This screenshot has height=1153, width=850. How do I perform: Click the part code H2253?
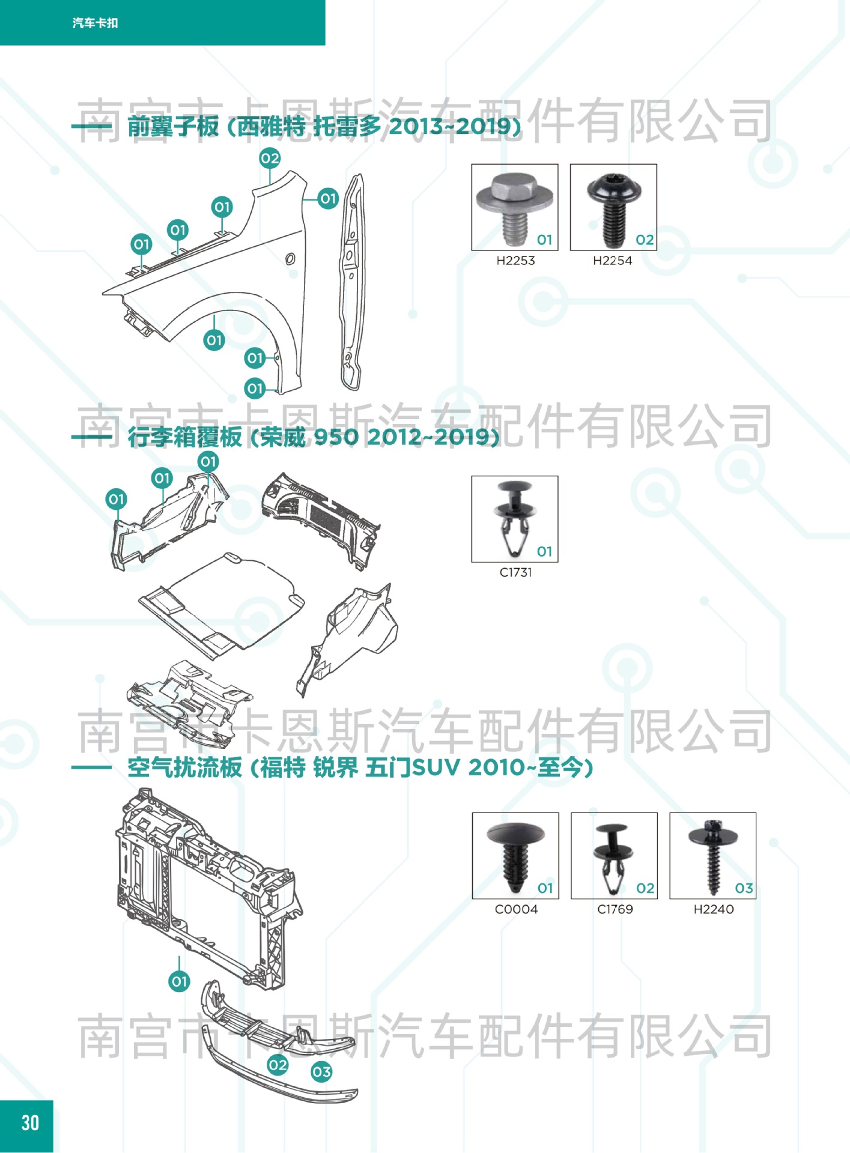515,261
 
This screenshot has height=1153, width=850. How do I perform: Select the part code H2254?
612,261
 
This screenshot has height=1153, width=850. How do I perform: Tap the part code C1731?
515,572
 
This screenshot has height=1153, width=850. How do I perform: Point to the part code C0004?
516,909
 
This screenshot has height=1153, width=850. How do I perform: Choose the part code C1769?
615,909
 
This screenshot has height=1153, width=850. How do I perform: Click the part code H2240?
714,909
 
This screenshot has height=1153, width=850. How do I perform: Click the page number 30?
30,1123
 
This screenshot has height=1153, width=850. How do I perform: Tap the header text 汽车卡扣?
95,23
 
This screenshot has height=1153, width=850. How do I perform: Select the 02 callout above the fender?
270,159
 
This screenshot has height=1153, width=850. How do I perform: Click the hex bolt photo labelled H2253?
515,207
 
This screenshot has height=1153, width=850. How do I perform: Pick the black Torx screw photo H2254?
613,207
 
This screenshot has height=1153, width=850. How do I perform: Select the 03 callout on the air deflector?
321,1072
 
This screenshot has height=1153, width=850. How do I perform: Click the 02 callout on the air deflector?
278,1065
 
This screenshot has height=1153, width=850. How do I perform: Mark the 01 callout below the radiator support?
179,982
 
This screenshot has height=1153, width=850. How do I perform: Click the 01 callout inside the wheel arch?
214,340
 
